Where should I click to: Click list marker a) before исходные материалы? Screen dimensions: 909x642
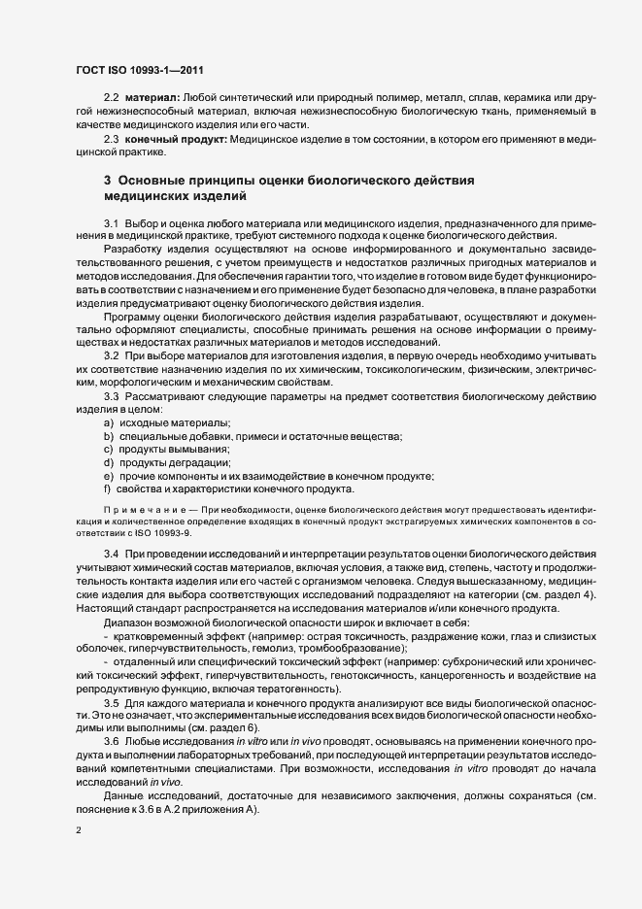pos(108,423)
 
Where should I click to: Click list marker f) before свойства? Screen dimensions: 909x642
pos(107,489)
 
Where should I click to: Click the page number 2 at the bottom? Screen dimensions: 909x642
pos(78,831)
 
